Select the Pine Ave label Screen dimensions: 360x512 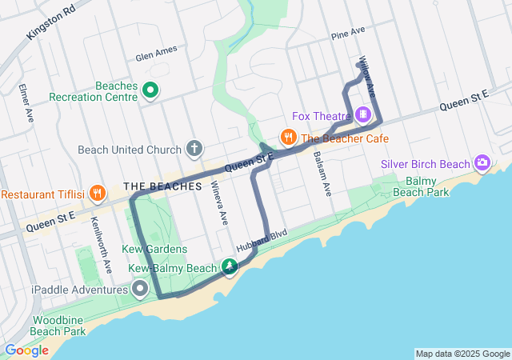[347, 34]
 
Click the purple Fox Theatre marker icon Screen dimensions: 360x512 [364, 115]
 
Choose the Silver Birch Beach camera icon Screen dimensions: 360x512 [482, 163]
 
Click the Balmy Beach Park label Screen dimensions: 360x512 [426, 187]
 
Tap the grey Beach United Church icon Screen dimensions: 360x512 [194, 149]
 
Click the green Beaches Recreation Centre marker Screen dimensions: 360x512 [150, 90]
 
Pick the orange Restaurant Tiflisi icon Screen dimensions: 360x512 [97, 193]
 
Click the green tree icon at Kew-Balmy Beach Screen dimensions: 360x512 [230, 266]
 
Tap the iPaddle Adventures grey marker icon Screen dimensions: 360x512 [141, 288]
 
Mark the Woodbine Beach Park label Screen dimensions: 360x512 [59, 325]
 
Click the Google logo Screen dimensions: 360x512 [26, 350]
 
